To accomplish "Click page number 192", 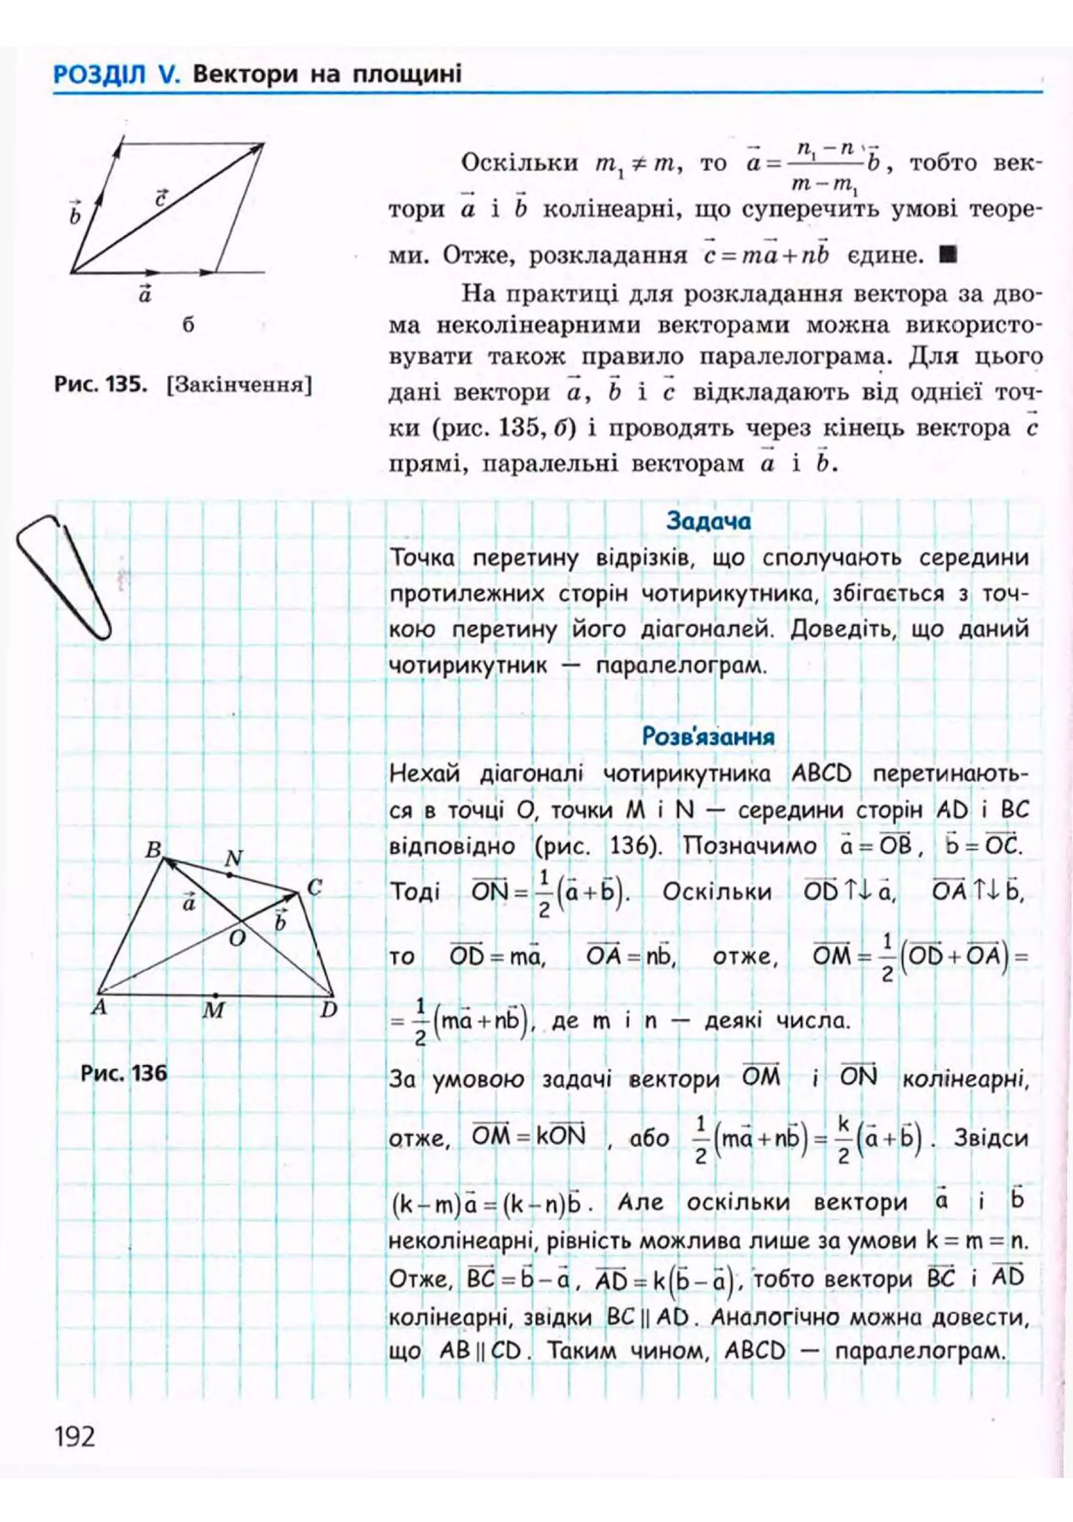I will coord(75,1437).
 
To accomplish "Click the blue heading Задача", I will coord(708,521).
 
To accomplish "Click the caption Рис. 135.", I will coord(100,384).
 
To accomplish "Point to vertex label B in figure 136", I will coord(153,849).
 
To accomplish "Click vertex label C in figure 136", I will coord(314,887).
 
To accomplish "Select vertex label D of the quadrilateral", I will coord(329,1009).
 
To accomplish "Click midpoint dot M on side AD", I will coord(215,995).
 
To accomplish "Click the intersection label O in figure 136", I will coord(236,937).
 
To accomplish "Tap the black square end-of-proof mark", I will coord(947,254).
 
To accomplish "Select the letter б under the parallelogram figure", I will coord(188,326).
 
